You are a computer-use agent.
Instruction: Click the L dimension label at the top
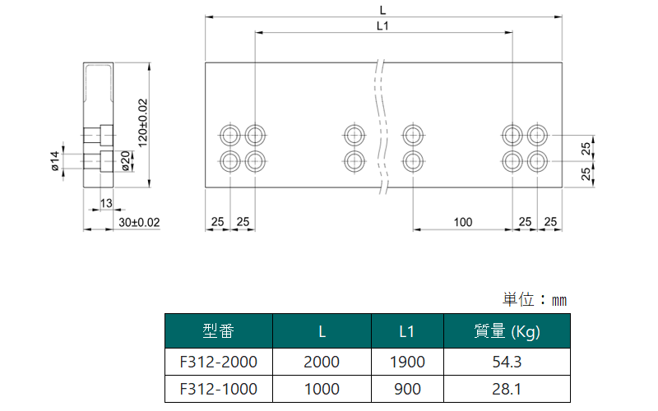382,10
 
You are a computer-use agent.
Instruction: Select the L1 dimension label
382,26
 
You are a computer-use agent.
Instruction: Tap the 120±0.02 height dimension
143,122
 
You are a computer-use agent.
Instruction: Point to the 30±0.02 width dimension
139,222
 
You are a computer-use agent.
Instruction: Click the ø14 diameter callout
55,161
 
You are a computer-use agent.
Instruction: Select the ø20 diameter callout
126,161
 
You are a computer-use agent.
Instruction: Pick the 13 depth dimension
106,203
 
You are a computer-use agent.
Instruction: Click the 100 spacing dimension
463,222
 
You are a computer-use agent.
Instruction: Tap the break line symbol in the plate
382,127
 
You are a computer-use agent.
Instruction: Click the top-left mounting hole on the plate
230,135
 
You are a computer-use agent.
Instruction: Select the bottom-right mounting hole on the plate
537,161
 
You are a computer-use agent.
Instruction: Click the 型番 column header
218,331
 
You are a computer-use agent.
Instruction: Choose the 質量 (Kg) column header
507,332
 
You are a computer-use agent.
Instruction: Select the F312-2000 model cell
218,362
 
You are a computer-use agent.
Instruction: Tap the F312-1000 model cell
218,389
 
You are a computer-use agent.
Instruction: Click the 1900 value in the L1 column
407,362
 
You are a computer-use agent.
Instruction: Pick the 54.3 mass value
507,362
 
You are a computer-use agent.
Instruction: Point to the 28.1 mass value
507,389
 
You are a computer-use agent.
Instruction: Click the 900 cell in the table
407,389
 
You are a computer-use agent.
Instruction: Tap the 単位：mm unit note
535,300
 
